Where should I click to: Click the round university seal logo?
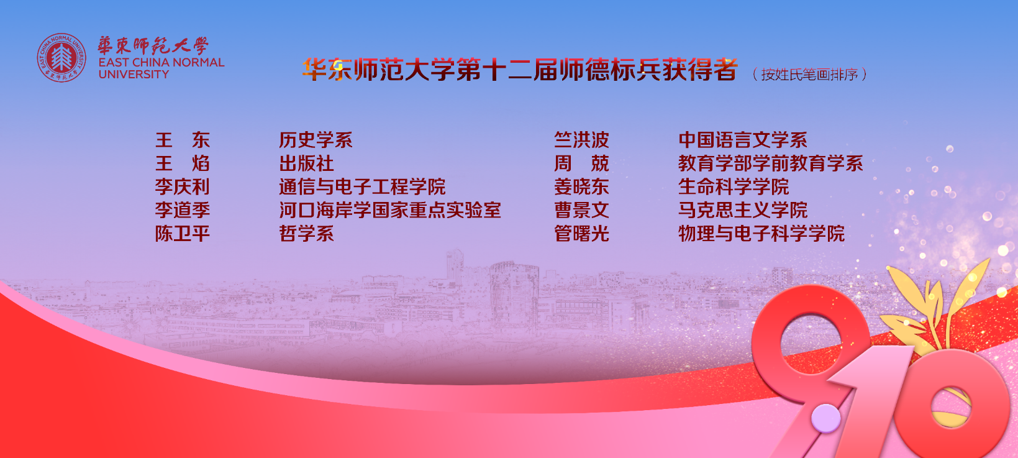coord(61,58)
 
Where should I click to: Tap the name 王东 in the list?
coord(182,140)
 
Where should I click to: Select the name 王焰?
coord(182,163)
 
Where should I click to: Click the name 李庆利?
coord(182,186)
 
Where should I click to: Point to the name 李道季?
coord(182,210)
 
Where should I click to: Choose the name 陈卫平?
coord(182,234)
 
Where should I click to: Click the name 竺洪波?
coord(581,140)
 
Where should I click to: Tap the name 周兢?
coord(581,163)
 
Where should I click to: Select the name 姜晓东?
coord(581,186)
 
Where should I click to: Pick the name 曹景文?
coord(581,210)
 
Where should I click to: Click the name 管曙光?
coord(581,234)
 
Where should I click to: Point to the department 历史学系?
coord(316,140)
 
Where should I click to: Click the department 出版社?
coord(306,163)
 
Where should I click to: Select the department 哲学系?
coord(306,234)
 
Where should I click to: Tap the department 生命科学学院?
coord(734,186)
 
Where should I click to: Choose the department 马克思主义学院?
coord(743,210)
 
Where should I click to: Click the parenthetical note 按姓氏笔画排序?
coord(809,74)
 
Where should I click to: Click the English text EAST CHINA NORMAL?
coord(161,62)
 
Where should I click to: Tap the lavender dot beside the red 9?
coord(826,418)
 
